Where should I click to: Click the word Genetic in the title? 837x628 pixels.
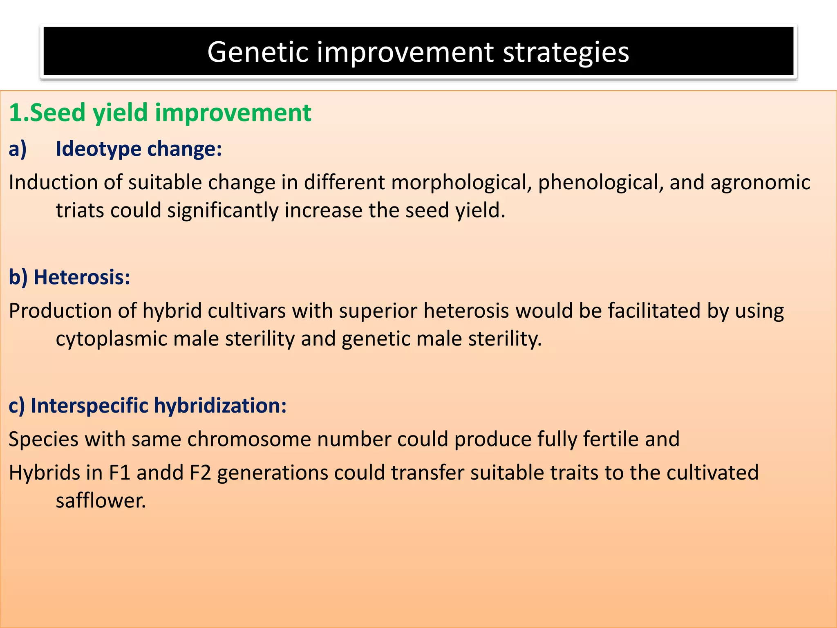coord(257,52)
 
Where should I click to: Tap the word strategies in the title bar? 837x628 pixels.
coord(566,52)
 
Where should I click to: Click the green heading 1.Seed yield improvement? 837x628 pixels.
coord(160,112)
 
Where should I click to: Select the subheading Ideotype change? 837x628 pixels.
coord(139,148)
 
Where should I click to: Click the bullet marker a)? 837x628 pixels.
coord(18,148)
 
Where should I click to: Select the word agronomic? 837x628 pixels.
coord(760,182)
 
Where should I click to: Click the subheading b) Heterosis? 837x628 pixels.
coord(69,277)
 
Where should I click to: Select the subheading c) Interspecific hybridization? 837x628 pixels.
coord(148,406)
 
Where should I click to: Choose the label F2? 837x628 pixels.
coord(200,473)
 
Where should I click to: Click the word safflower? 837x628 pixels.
coord(100,500)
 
